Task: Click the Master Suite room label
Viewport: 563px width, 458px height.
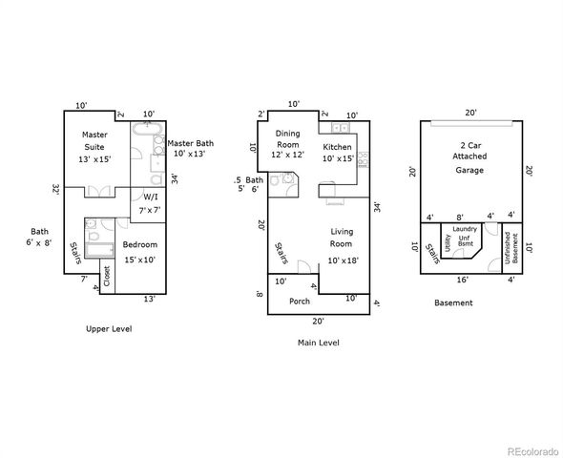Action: [95, 147]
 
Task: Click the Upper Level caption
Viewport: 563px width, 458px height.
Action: [109, 328]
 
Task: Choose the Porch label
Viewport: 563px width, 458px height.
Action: [300, 301]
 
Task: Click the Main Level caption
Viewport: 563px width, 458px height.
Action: [317, 343]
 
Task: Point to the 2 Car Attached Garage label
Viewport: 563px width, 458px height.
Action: [469, 156]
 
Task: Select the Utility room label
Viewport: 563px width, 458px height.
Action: [447, 243]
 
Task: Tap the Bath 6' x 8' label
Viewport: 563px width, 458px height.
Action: [39, 238]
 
